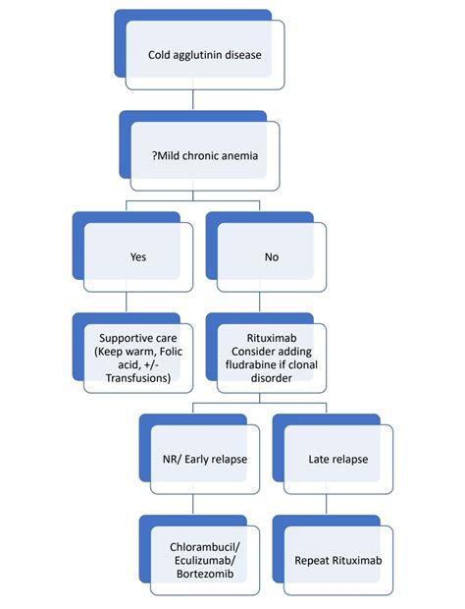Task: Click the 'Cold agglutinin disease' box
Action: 205,55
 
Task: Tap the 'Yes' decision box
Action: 137,257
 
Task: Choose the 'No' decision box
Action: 271,257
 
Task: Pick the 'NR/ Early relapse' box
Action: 205,460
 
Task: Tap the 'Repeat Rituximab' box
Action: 337,561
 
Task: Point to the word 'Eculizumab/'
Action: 205,561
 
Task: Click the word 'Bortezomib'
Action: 205,575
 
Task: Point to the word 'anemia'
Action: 240,155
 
